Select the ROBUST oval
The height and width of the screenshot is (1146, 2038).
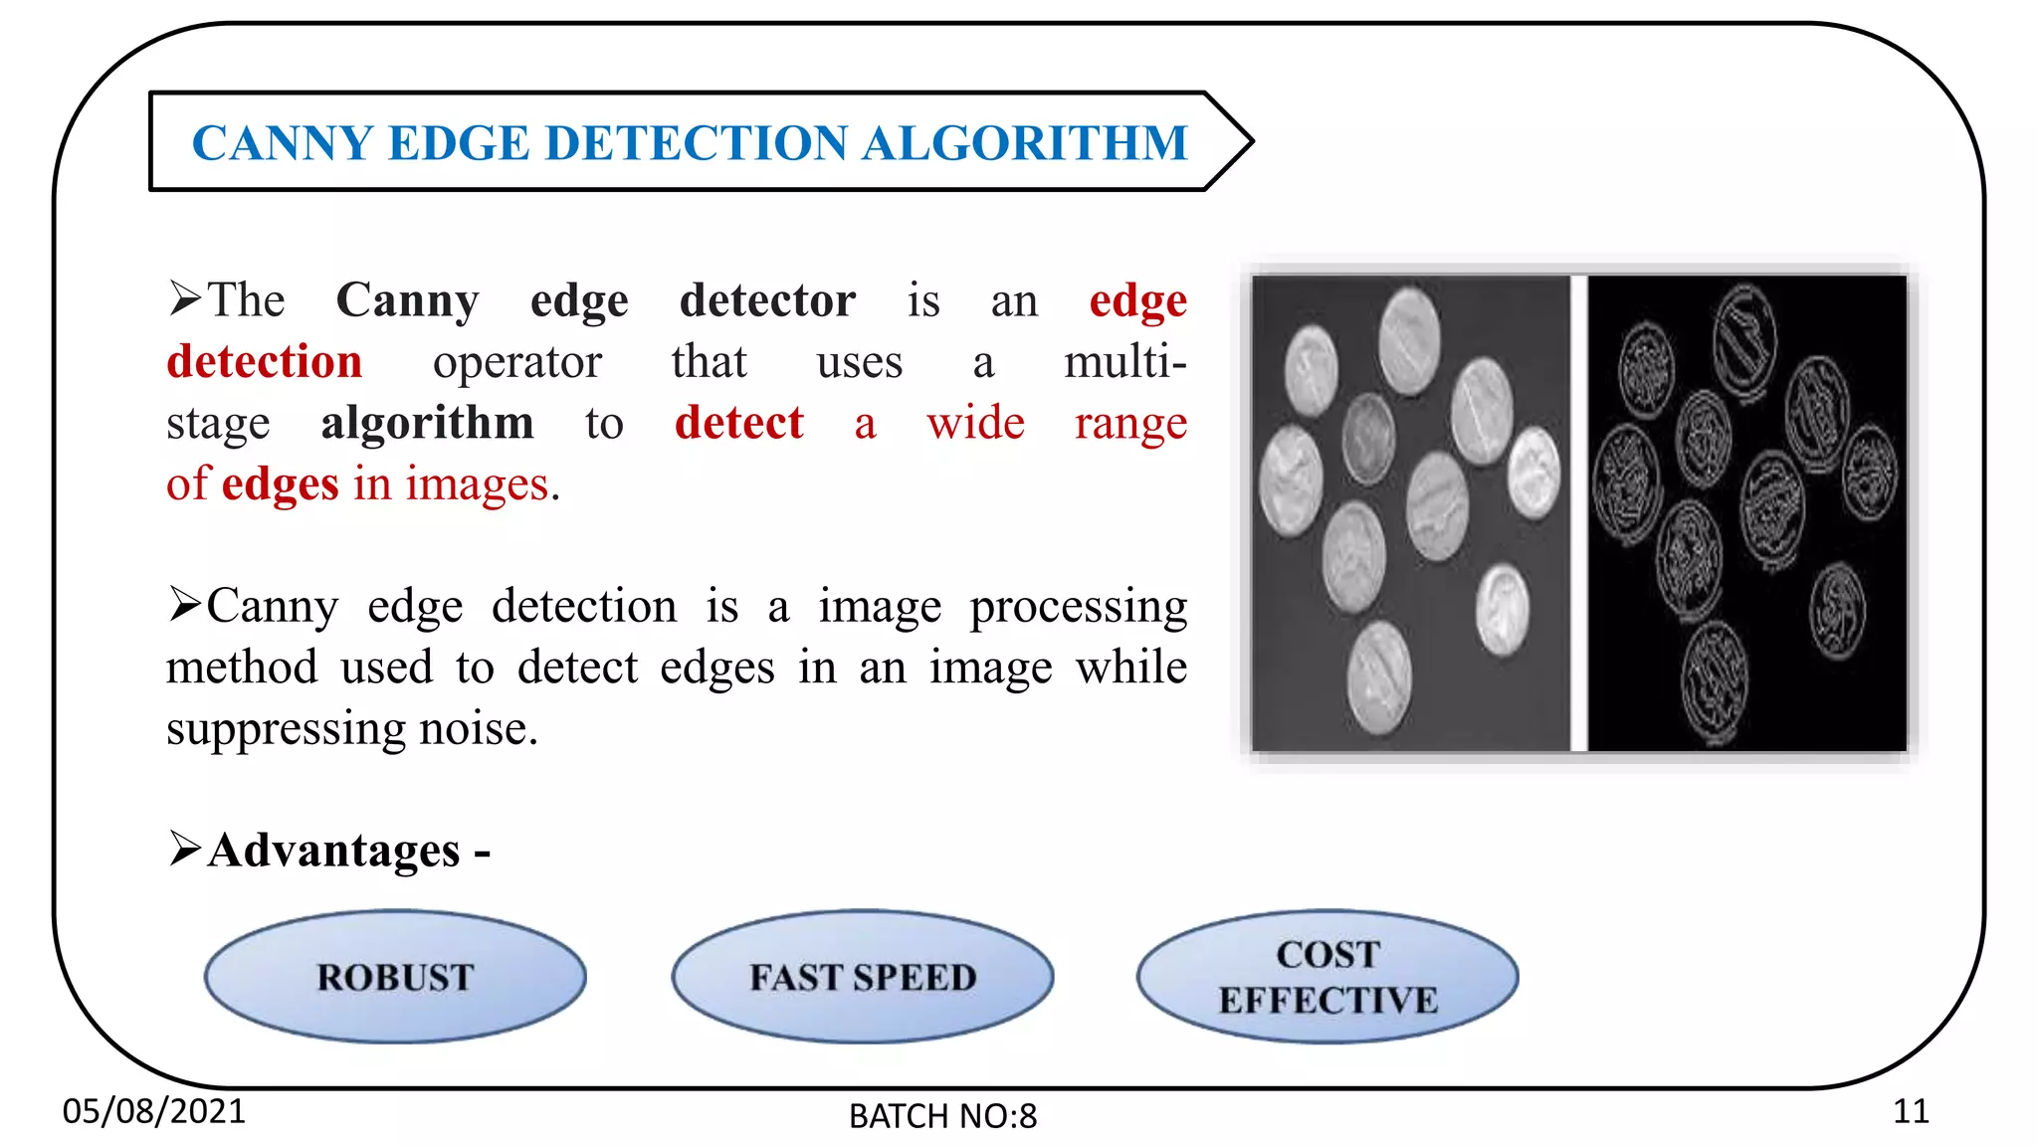395,977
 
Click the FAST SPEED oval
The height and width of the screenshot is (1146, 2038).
862,977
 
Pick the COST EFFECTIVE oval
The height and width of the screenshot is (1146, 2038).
1327,977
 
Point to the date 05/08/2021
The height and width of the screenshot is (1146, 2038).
153,1110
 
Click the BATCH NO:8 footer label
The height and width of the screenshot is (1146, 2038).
942,1116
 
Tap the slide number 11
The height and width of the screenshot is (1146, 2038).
1910,1110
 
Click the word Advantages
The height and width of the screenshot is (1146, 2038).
334,851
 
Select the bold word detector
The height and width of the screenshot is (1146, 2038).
767,300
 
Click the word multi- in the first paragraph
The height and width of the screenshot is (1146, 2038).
1124,361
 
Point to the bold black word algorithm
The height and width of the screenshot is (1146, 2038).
427,423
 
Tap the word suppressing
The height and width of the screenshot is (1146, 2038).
286,729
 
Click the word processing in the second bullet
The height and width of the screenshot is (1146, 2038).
1079,607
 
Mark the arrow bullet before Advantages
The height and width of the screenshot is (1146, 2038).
185,849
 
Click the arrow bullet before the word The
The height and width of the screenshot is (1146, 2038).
185,298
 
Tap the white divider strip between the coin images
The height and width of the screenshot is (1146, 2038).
1578,512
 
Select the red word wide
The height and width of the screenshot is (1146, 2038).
975,423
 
